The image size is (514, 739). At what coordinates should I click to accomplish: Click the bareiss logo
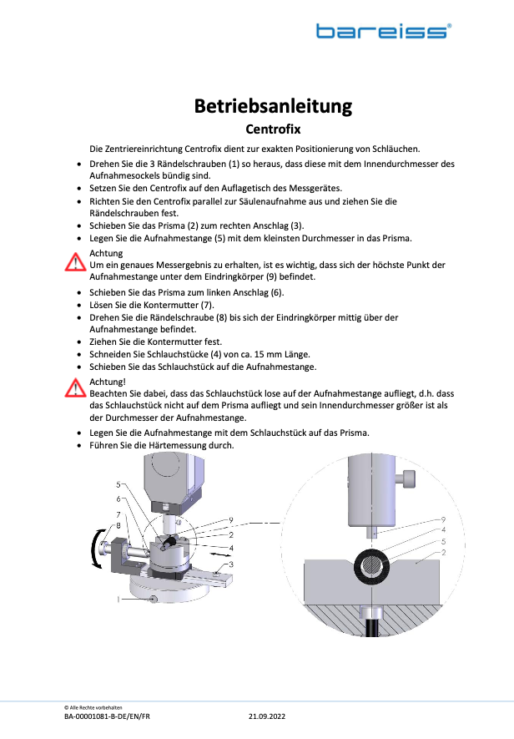383,31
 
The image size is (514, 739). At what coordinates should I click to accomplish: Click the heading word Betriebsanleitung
273,106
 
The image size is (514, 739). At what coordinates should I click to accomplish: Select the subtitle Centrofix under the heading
273,129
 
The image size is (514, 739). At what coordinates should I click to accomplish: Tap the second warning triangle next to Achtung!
77,387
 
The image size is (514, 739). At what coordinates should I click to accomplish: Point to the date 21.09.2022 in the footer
267,716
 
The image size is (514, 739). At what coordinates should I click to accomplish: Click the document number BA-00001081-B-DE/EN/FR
108,716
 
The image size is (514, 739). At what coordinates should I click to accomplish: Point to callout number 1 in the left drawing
119,599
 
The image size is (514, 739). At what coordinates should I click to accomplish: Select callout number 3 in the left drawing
231,565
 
